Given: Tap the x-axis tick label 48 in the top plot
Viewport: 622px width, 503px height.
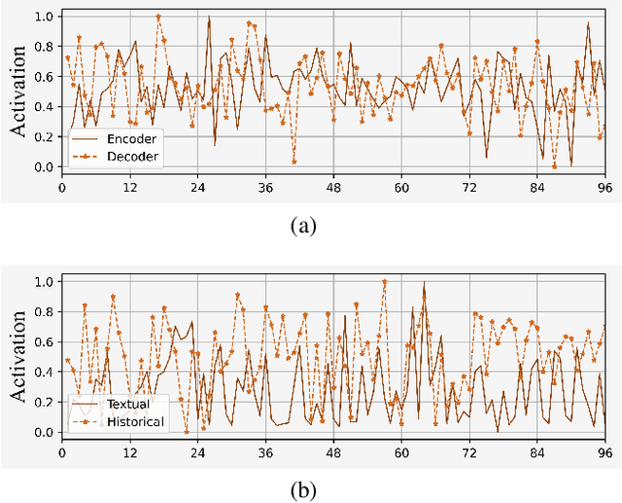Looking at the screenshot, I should [333, 188].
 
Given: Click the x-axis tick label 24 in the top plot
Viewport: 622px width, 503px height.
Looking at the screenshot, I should [197, 188].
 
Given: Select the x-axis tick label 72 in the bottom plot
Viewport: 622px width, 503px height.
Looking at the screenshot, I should [469, 452].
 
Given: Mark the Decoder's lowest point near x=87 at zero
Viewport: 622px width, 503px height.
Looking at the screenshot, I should [554, 166].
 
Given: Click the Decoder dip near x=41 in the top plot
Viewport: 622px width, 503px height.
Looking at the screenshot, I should [294, 162].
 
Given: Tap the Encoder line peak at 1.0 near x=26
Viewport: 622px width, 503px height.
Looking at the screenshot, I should [209, 17].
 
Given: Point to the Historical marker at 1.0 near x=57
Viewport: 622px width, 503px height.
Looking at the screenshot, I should [384, 282].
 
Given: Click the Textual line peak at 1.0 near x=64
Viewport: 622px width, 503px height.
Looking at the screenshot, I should [424, 282].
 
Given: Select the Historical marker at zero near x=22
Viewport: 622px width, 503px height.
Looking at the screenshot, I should [186, 431].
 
